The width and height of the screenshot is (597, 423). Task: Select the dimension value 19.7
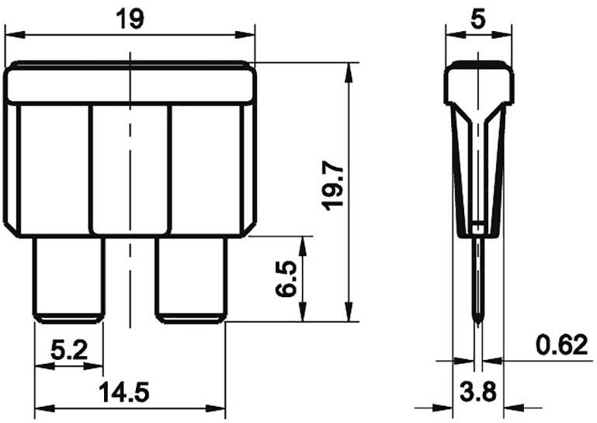[x=332, y=184]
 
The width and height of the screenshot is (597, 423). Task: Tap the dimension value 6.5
[x=285, y=278]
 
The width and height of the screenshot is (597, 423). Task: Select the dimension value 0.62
[x=561, y=344]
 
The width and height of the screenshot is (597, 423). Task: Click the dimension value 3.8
[x=478, y=391]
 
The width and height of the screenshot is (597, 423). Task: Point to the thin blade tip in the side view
[x=479, y=288]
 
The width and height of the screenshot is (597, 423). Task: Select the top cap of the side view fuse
[x=479, y=84]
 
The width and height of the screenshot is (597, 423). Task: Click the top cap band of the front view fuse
[x=130, y=84]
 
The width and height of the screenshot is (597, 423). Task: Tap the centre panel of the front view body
[x=130, y=167]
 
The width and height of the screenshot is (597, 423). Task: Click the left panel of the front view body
[x=50, y=167]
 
